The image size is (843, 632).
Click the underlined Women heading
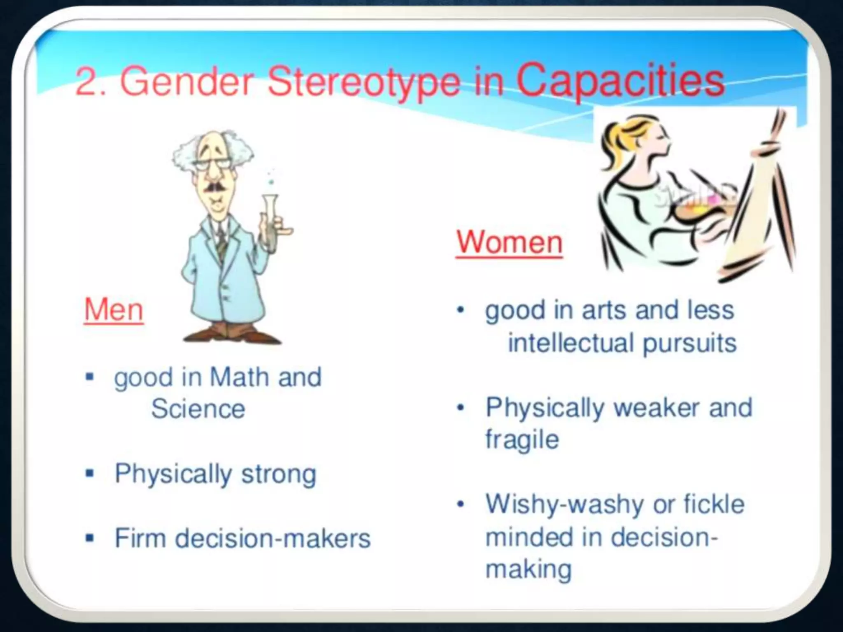pyautogui.click(x=509, y=243)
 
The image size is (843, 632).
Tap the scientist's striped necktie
pyautogui.click(x=222, y=243)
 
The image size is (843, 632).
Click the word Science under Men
pyautogui.click(x=198, y=409)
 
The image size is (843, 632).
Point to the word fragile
pyautogui.click(x=522, y=439)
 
